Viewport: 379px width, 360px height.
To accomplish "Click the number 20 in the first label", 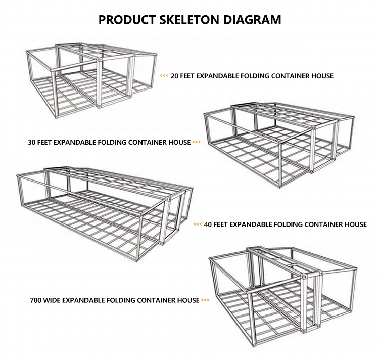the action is [x=175, y=76].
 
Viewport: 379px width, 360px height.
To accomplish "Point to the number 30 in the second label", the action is [x=33, y=142].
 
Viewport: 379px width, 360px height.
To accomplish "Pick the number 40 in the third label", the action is [x=208, y=224].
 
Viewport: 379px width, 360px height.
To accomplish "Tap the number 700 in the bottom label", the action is [x=36, y=300].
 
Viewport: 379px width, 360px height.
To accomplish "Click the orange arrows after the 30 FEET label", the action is [x=197, y=142].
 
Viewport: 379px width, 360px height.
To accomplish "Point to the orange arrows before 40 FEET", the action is [x=197, y=224].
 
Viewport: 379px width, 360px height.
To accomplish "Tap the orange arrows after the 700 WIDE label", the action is [x=206, y=300].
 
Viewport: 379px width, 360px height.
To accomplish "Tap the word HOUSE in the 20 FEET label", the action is [x=322, y=76].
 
